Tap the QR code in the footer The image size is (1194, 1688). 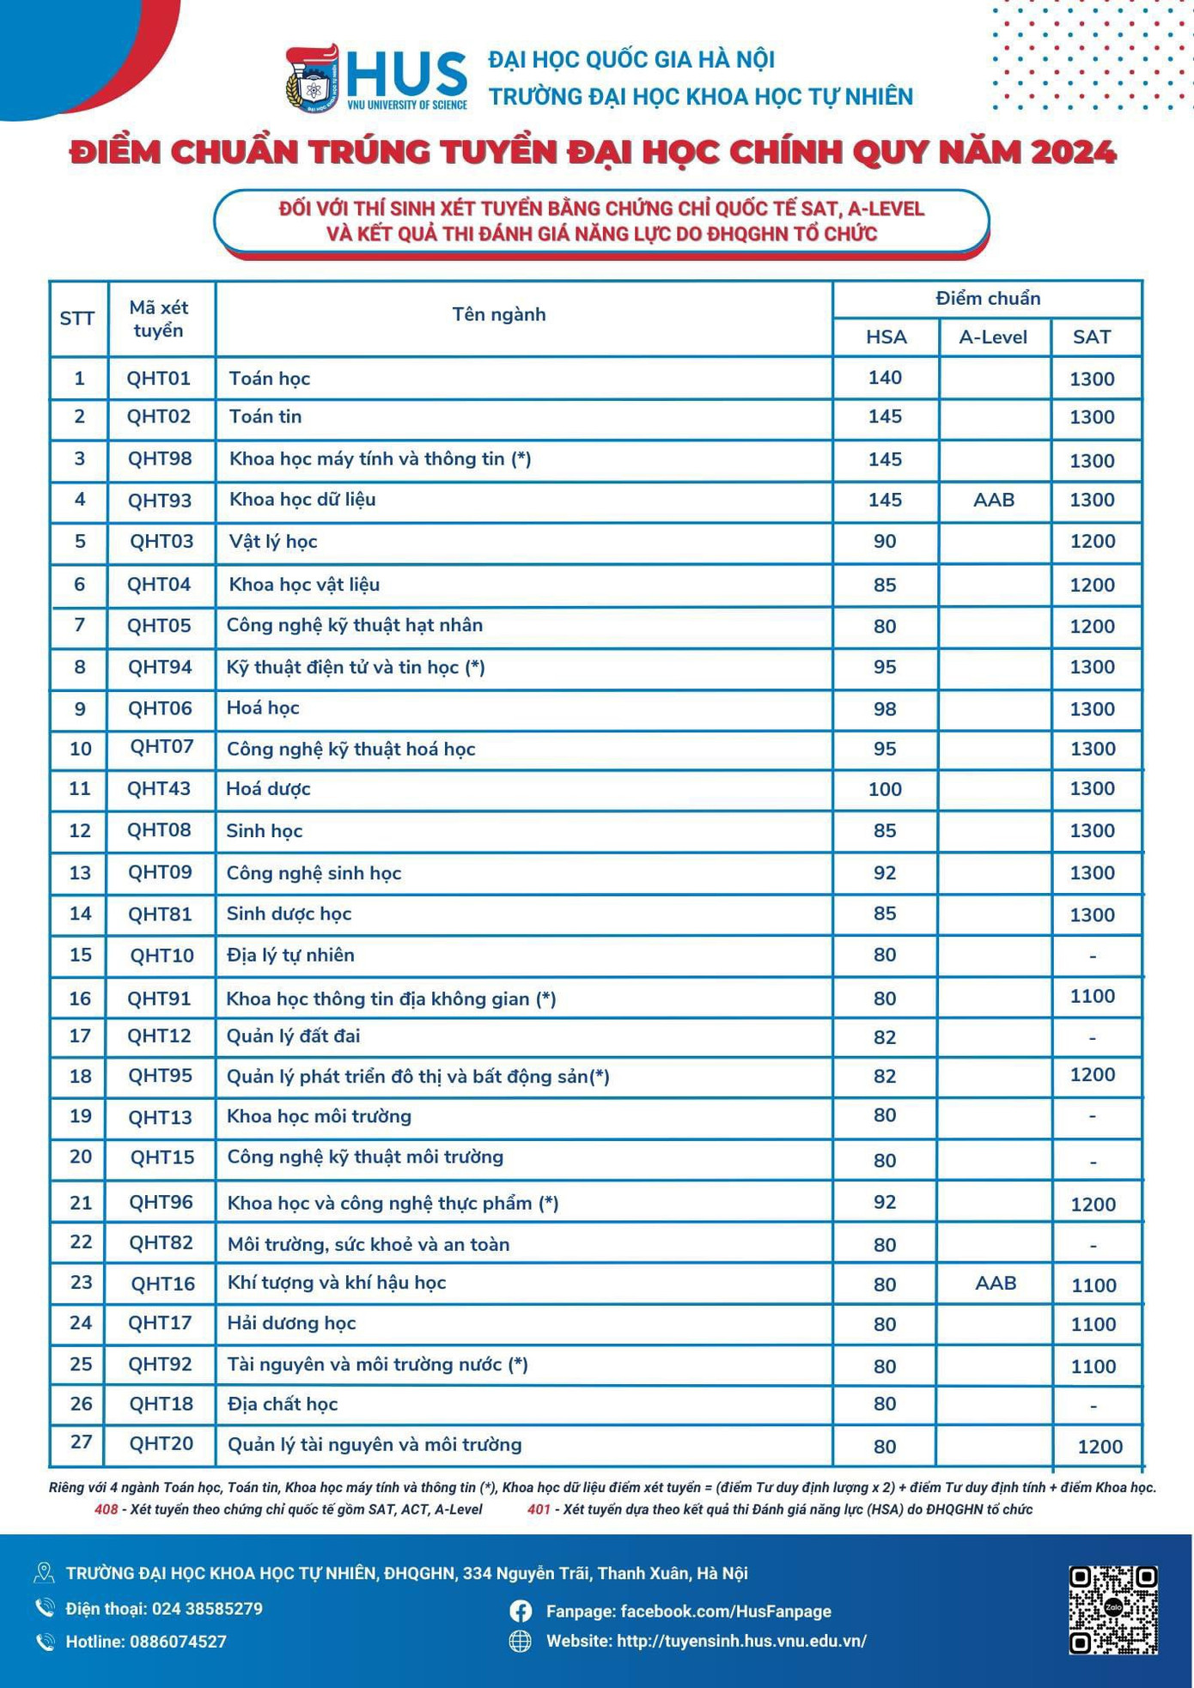coord(1113,1610)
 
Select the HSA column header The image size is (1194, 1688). coord(886,337)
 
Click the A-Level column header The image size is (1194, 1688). coord(993,337)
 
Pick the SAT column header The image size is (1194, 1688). coord(1092,337)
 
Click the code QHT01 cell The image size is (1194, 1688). coord(159,379)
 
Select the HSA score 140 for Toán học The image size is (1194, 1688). coord(885,378)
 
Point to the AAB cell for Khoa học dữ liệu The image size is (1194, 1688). coord(994,500)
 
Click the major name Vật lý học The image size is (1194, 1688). coord(273,542)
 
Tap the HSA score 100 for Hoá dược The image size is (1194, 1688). coord(885,789)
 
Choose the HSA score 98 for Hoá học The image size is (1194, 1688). coord(885,709)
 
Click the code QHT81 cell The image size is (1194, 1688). coord(160,914)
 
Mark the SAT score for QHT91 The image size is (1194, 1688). coord(1093,997)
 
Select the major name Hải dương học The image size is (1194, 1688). coord(291,1323)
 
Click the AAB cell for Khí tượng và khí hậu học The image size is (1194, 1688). coord(996,1284)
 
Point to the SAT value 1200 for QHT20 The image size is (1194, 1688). coord(1100,1447)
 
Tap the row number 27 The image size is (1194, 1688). coord(81,1442)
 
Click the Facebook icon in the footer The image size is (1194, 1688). coord(521,1611)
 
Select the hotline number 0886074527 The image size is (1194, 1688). coord(178,1642)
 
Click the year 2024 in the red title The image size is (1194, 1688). coord(1073,152)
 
